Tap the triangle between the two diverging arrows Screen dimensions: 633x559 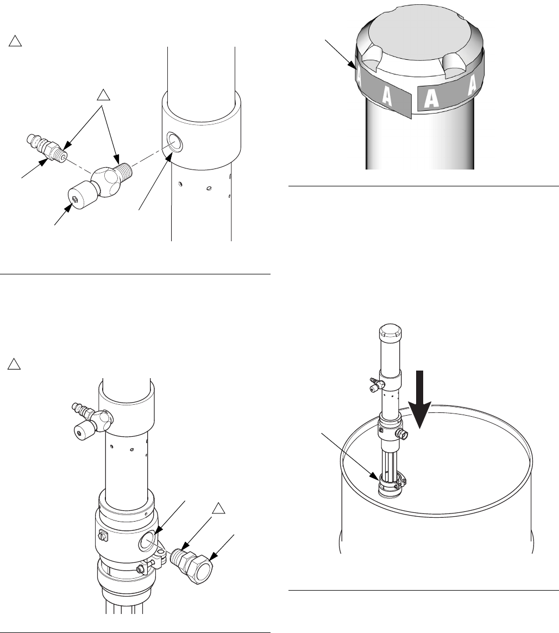[x=103, y=96]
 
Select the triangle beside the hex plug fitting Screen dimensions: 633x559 [x=218, y=509]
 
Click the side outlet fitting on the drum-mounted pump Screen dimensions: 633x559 [x=403, y=435]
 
